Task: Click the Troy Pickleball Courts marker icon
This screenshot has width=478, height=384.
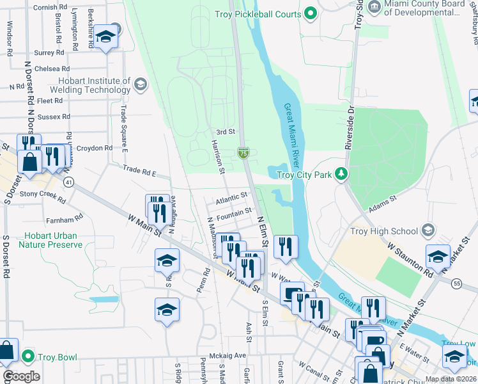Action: (x=311, y=13)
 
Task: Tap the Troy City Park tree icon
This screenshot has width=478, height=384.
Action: (x=342, y=174)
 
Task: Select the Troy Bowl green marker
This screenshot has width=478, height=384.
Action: (x=27, y=356)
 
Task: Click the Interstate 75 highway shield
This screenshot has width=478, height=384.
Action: (x=243, y=152)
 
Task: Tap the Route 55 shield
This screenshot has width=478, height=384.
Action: (x=456, y=282)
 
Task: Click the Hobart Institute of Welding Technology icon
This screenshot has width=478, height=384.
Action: (x=140, y=84)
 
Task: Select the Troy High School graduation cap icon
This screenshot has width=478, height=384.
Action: (x=428, y=230)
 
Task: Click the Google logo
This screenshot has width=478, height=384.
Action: (x=21, y=376)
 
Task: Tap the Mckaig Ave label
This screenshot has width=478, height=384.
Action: (x=227, y=356)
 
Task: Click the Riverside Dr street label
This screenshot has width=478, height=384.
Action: (x=350, y=127)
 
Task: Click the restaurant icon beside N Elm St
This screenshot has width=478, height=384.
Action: (x=285, y=246)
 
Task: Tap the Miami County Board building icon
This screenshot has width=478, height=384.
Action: (x=374, y=7)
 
